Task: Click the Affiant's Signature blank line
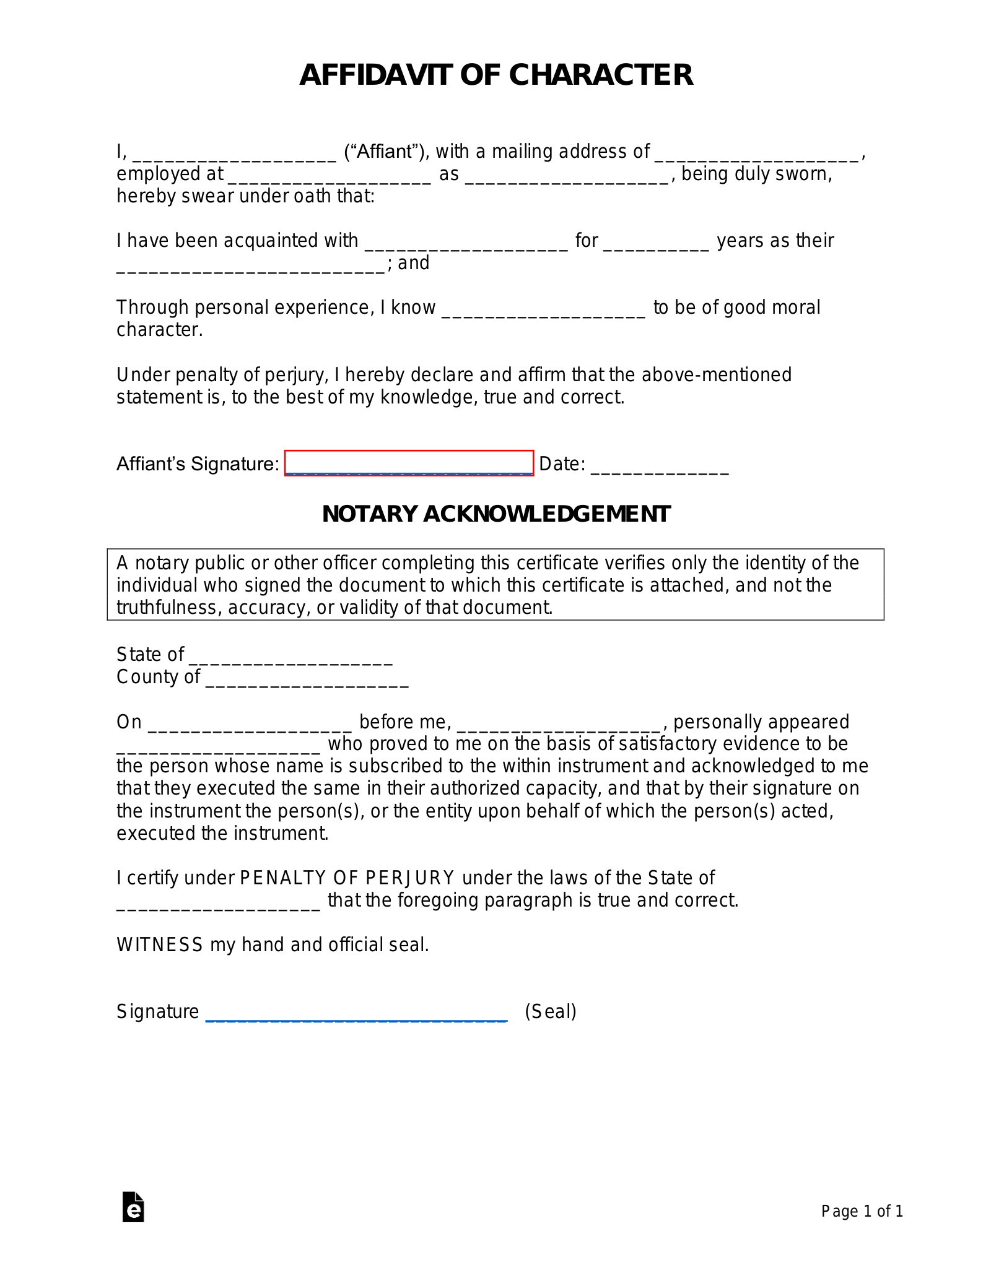(x=409, y=464)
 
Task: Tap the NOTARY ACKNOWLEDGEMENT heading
(x=496, y=514)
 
